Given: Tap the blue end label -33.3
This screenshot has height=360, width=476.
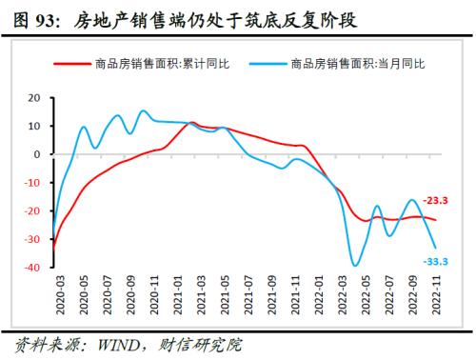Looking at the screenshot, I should pyautogui.click(x=436, y=261).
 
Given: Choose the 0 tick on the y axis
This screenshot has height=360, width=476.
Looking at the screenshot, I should pyautogui.click(x=36, y=154).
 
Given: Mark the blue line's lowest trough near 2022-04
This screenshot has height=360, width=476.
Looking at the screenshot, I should pyautogui.click(x=356, y=266).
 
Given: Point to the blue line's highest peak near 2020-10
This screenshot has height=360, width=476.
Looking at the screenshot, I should pyautogui.click(x=143, y=110).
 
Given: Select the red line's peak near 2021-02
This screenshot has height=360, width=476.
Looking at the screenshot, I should pyautogui.click(x=192, y=123).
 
